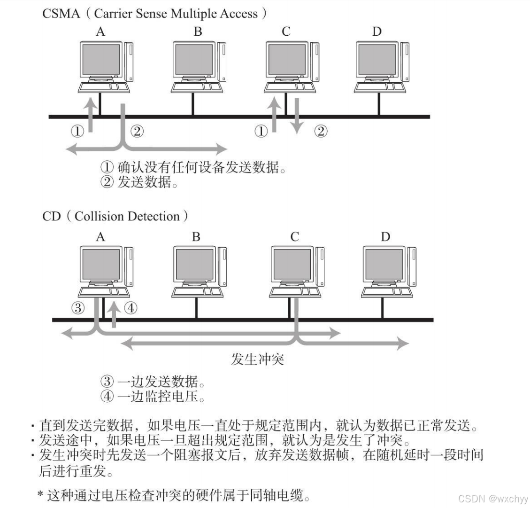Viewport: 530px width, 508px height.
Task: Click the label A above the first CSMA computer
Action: (100, 31)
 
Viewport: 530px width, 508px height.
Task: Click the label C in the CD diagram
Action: (294, 236)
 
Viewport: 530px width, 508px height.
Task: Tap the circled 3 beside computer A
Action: (78, 308)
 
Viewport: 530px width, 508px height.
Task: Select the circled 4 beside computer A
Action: (131, 308)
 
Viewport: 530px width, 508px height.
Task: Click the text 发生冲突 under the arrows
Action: (258, 360)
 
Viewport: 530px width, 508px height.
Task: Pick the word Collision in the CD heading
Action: (95, 217)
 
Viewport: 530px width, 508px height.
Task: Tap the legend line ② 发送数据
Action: (139, 182)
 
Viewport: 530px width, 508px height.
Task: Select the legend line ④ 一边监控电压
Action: (154, 396)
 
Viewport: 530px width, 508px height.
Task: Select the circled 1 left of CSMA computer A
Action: (77, 131)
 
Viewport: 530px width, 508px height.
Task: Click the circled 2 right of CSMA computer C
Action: (321, 131)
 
